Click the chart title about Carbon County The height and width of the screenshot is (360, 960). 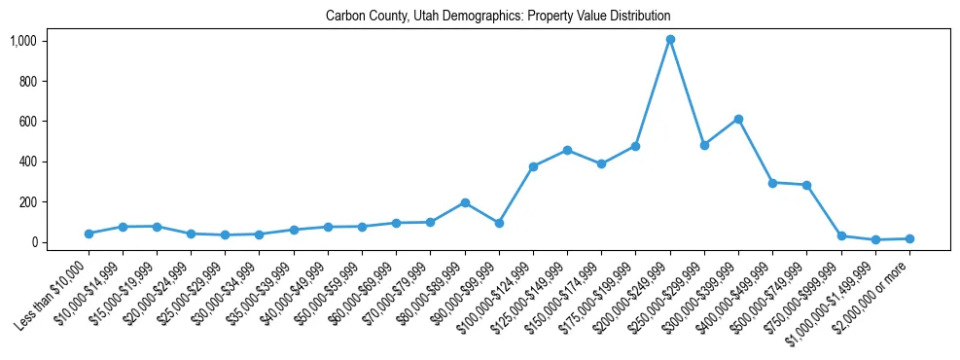[x=497, y=17]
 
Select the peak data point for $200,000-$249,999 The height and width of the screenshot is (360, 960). [x=670, y=40]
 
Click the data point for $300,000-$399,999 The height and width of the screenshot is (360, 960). [x=738, y=119]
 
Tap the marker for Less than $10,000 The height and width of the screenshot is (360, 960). [x=89, y=234]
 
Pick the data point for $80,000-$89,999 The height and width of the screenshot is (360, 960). [x=465, y=202]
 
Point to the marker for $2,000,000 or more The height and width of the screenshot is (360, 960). [x=909, y=238]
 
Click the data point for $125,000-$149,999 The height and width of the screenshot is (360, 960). [x=567, y=150]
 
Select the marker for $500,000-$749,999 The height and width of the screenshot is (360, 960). [x=806, y=185]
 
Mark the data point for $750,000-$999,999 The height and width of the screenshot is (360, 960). [x=841, y=236]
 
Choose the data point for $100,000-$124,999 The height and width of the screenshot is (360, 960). [x=533, y=166]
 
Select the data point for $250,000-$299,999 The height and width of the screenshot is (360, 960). [x=704, y=145]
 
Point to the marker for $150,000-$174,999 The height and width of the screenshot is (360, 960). [x=601, y=163]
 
